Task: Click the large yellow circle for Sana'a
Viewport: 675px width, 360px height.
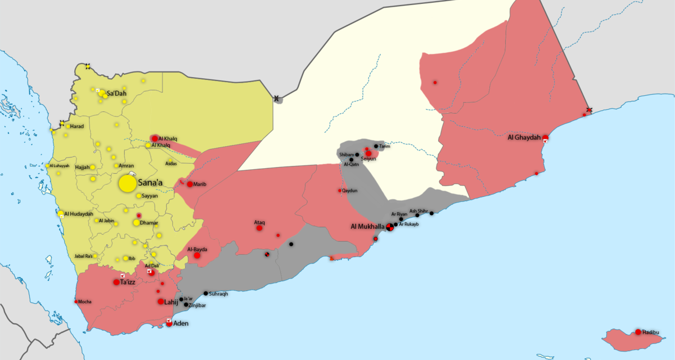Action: point(127,183)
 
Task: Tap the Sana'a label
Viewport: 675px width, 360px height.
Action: point(150,183)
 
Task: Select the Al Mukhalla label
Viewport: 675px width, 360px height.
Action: point(368,227)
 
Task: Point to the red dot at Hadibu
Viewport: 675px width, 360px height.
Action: point(638,332)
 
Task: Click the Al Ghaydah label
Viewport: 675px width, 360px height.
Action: point(524,137)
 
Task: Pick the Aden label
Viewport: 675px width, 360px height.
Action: point(181,323)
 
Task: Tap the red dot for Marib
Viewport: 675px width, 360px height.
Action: point(190,184)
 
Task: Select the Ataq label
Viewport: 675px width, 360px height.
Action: point(259,222)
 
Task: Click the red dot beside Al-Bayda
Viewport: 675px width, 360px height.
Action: point(197,255)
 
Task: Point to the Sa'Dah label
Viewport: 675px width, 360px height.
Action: point(117,93)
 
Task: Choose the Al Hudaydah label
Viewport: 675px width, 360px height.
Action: point(79,214)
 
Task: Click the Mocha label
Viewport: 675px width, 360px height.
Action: point(85,301)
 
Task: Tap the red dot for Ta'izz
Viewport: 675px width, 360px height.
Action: point(116,282)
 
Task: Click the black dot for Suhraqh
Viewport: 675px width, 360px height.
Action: point(206,293)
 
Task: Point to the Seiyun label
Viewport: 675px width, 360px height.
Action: point(368,159)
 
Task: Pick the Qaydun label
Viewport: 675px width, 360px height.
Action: point(350,191)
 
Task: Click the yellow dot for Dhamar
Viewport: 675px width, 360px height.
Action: point(136,223)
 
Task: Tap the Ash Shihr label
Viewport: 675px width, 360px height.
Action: point(418,211)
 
